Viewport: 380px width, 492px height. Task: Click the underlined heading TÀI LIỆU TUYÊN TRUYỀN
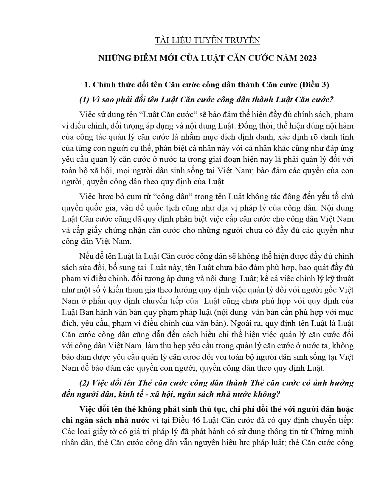(x=207, y=40)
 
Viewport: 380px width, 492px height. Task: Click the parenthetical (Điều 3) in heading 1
(x=314, y=85)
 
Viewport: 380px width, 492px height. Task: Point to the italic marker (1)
(x=84, y=100)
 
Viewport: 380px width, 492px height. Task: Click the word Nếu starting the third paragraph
(x=86, y=256)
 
